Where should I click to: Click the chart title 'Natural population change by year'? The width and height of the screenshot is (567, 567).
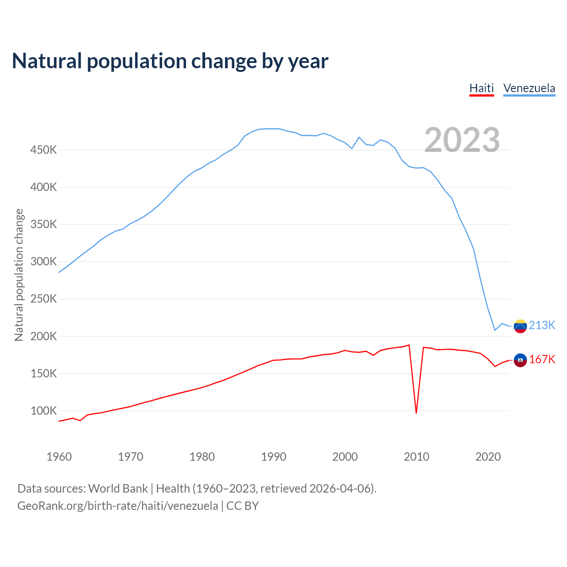170,61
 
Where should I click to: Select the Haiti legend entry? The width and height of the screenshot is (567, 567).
482,88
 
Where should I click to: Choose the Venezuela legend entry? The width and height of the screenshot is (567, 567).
529,88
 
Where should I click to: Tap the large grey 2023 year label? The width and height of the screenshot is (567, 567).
462,140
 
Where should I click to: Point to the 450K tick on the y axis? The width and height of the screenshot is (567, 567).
43,150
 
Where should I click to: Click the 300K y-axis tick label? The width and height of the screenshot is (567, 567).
43,261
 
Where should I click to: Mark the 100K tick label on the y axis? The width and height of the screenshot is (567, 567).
43,411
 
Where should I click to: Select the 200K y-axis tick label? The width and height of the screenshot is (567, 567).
43,336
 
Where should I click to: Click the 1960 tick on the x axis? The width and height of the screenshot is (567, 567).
59,457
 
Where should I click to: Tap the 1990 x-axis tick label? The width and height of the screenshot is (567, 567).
273,457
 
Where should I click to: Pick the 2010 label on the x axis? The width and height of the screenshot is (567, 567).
416,457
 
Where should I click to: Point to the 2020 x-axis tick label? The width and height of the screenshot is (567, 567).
488,457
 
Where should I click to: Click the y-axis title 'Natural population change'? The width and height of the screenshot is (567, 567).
19,275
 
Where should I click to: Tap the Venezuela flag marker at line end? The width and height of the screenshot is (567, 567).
520,326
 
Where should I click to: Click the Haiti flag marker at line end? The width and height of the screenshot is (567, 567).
520,360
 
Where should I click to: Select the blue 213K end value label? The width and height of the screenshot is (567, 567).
542,325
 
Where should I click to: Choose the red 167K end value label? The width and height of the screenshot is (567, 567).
542,359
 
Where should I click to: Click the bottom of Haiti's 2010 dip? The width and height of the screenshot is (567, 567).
416,413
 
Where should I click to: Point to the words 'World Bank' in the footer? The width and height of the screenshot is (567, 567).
118,488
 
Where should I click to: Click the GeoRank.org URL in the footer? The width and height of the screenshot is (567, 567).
117,505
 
